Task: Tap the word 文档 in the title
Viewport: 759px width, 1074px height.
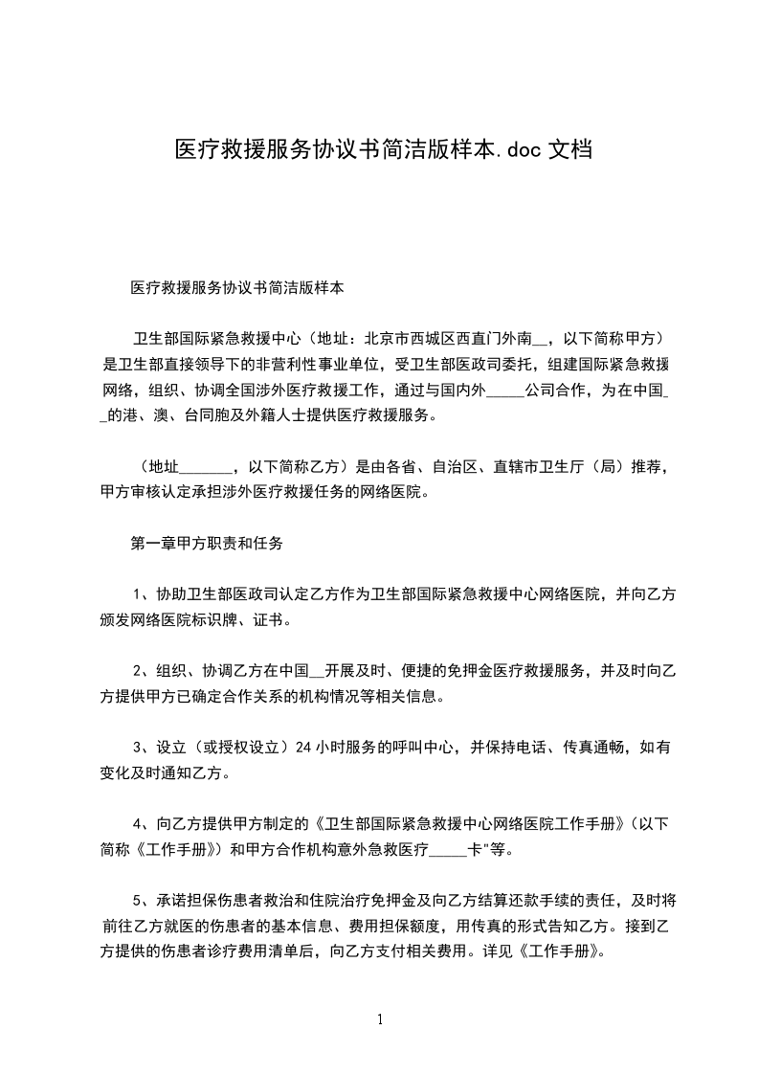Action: pyautogui.click(x=568, y=149)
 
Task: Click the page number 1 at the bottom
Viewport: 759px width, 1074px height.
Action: pyautogui.click(x=380, y=1019)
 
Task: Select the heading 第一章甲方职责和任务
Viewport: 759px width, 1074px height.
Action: pyautogui.click(x=207, y=544)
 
